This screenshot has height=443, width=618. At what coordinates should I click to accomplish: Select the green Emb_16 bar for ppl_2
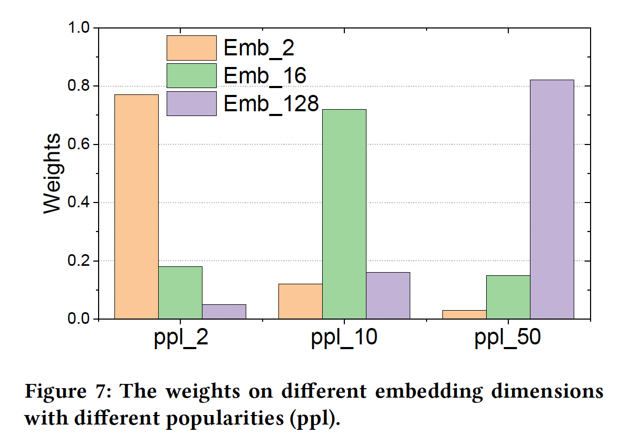[x=180, y=293]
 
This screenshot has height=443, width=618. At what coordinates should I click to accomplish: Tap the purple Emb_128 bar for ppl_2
[x=224, y=312]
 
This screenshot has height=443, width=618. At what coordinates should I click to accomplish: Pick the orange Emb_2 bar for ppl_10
[x=300, y=301]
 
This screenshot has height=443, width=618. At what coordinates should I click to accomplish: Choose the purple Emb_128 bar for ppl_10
[x=388, y=295]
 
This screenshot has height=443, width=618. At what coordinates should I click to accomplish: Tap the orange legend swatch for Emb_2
[x=191, y=48]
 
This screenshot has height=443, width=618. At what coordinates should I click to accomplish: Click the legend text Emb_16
[x=265, y=76]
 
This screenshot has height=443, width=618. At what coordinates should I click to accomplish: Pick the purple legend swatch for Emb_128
[x=191, y=103]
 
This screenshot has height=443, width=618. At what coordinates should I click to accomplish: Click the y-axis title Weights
[x=52, y=174]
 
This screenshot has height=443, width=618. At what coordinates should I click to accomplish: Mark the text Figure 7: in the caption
[x=68, y=392]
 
